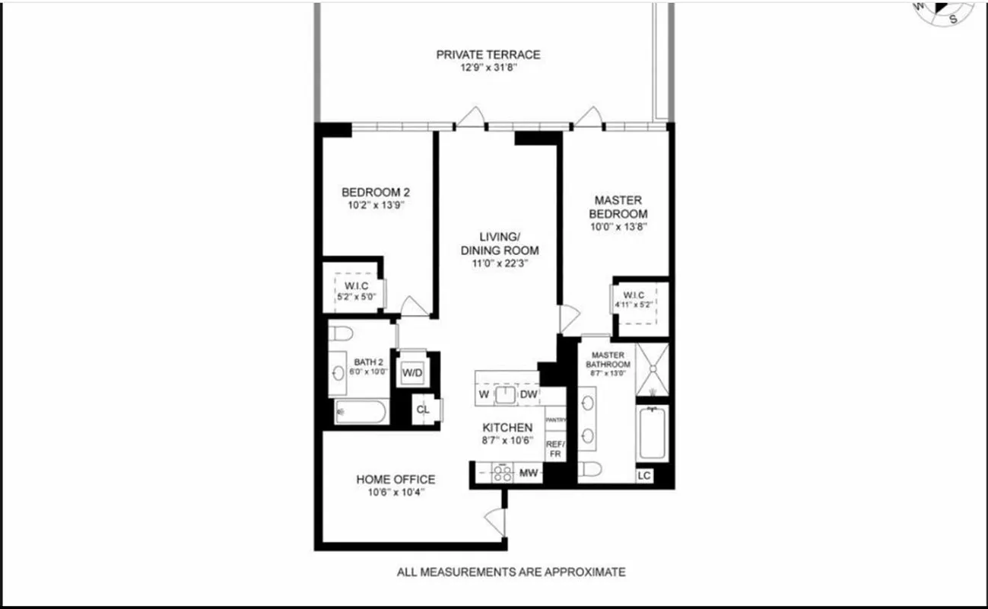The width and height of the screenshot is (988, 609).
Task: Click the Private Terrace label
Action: click(x=488, y=55)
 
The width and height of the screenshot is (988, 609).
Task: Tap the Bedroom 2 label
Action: click(x=376, y=192)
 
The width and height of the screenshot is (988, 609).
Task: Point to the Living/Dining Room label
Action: click(x=499, y=244)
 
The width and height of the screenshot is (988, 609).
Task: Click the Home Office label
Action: click(x=396, y=480)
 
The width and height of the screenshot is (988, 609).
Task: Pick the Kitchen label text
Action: click(x=507, y=428)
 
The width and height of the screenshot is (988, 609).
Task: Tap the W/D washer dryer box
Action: click(x=412, y=373)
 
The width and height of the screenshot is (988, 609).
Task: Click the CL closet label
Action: click(x=423, y=410)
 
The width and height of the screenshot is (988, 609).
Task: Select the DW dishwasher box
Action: click(x=529, y=394)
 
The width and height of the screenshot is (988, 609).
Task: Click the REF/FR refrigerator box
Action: click(x=555, y=448)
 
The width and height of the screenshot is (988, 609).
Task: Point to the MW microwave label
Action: click(x=529, y=473)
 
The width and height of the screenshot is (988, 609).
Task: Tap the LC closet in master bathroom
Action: click(x=644, y=476)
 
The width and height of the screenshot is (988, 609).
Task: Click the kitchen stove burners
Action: click(x=502, y=473)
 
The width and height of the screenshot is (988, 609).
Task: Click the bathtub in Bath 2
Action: click(x=362, y=412)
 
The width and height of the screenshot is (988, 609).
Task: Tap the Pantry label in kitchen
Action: click(x=556, y=419)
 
